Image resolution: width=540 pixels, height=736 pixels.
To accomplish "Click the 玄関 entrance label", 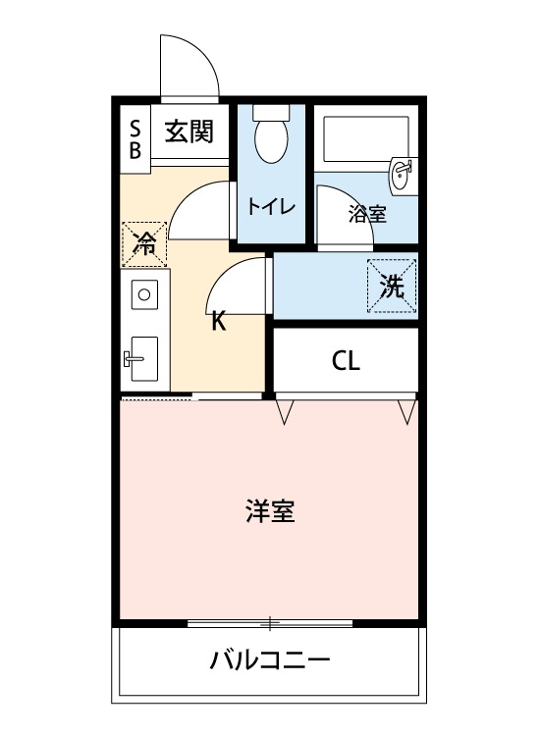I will click(x=189, y=132).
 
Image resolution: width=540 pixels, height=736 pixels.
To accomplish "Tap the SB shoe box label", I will click(x=135, y=137).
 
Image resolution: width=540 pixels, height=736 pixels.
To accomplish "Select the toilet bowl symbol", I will click(x=270, y=138).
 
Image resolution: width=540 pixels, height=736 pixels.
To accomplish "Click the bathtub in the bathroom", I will click(x=364, y=137).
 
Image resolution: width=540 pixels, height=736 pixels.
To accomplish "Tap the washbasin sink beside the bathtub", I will click(x=404, y=175).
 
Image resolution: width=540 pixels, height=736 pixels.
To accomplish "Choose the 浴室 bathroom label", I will click(x=367, y=215).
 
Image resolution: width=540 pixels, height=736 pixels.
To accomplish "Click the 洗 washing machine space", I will click(x=392, y=286).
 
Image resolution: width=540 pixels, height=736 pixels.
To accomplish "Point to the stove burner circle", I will click(x=143, y=293).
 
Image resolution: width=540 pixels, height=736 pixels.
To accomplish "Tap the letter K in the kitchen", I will click(x=219, y=322).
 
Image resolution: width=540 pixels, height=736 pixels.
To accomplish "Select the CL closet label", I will click(x=346, y=361).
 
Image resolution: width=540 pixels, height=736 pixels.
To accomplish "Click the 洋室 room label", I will click(x=270, y=511).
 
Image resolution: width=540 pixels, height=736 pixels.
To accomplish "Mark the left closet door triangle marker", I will click(x=285, y=412).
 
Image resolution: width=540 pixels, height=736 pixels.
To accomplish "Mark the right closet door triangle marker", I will click(x=405, y=412).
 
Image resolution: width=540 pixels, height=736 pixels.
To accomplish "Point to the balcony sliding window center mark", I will click(x=270, y=622).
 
